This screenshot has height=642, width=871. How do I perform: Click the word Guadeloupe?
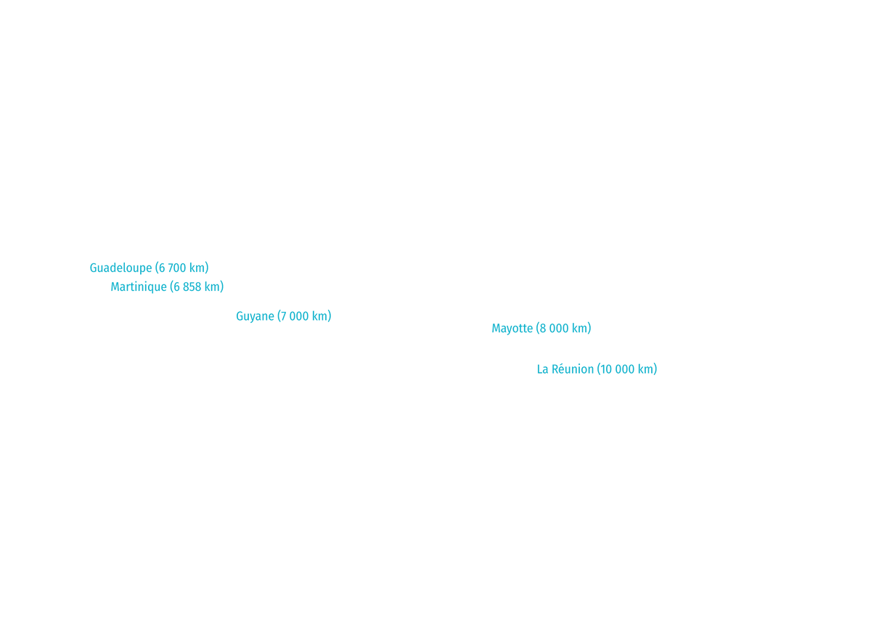point(120,268)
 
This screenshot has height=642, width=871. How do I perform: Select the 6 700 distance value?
point(173,268)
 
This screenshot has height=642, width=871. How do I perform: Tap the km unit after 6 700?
point(197,268)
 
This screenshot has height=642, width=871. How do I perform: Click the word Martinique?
point(139,287)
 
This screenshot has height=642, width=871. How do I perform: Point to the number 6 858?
point(187,287)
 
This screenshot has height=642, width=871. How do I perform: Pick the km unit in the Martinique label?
point(212,287)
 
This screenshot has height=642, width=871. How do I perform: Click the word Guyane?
point(255,317)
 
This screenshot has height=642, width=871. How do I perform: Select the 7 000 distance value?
point(295,316)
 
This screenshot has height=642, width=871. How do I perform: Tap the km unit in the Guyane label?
point(320,316)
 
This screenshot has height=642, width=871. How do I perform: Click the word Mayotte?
point(512,329)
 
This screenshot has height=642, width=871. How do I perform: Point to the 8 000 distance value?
point(555,329)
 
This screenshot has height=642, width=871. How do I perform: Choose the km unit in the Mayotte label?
point(580,329)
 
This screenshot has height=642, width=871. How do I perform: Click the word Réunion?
point(573,369)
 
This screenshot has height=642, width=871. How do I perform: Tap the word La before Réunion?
point(542,369)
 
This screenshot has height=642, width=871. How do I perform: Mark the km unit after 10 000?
point(646,369)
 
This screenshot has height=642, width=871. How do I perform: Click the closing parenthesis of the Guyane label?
point(330,316)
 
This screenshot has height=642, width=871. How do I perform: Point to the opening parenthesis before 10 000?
point(599,369)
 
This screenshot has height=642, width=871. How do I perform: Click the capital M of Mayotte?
point(496,329)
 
